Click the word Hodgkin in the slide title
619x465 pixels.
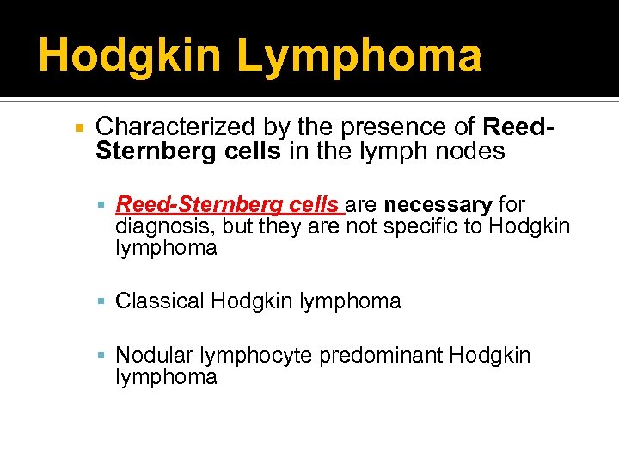click(x=129, y=56)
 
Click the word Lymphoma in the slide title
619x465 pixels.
click(x=359, y=56)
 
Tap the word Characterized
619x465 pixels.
click(x=175, y=127)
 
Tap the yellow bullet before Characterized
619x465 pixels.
click(x=78, y=128)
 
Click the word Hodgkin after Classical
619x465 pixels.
click(x=248, y=301)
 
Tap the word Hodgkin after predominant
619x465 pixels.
click(x=489, y=356)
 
